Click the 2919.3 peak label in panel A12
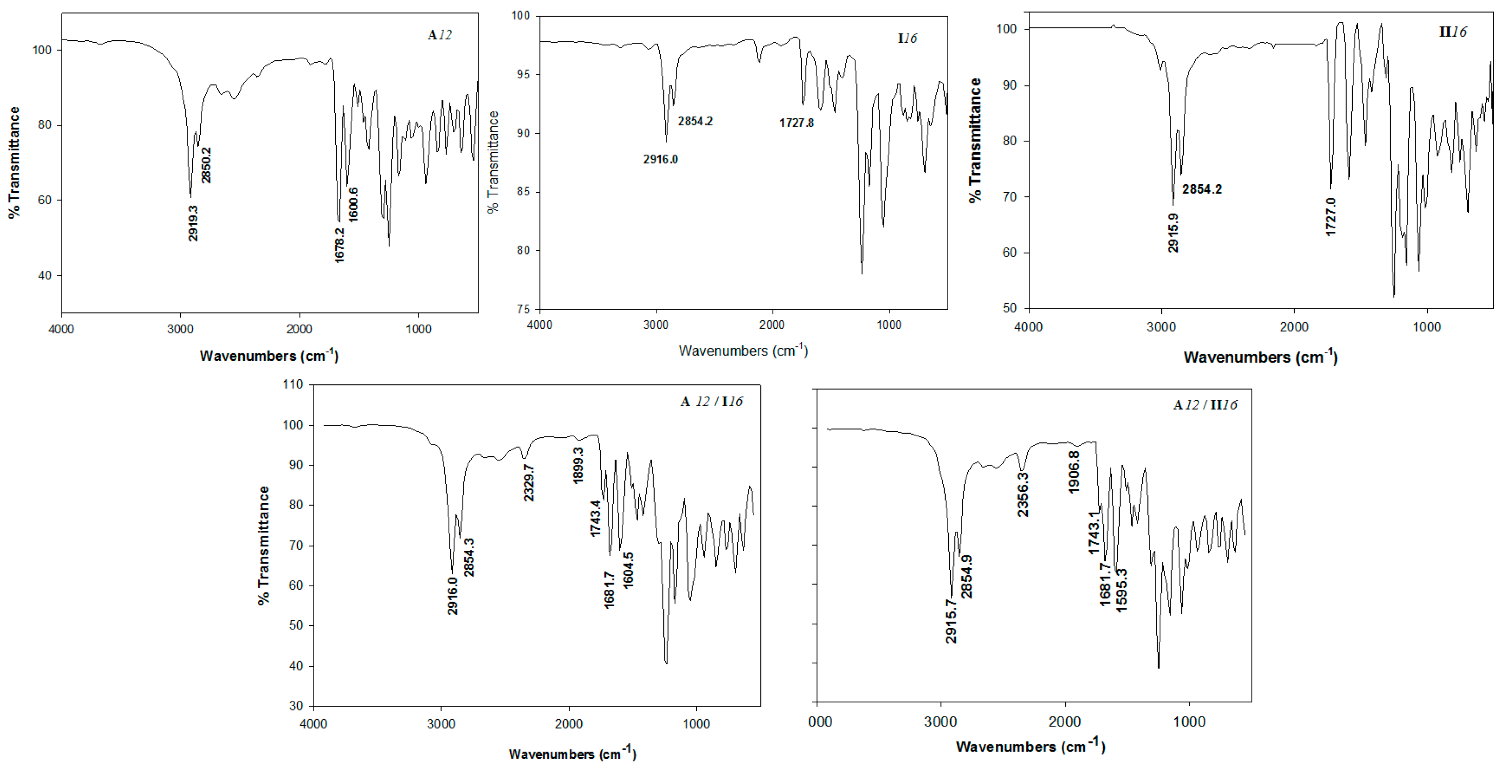click(x=193, y=223)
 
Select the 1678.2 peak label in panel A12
click(x=340, y=245)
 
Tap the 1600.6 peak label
click(x=353, y=205)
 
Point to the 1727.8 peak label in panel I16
click(x=796, y=123)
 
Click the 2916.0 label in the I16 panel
click(x=660, y=159)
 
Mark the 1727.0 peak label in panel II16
click(x=1331, y=217)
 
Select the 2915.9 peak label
click(x=1173, y=233)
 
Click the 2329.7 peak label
click(x=529, y=482)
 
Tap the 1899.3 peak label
click(x=578, y=465)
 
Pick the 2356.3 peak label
click(x=1023, y=494)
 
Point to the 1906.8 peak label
click(x=1074, y=472)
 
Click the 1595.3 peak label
click(x=1121, y=590)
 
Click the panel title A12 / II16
click(x=1205, y=405)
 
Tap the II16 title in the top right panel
click(x=1453, y=32)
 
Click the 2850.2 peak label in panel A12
click(x=206, y=165)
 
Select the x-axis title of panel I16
click(x=743, y=350)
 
